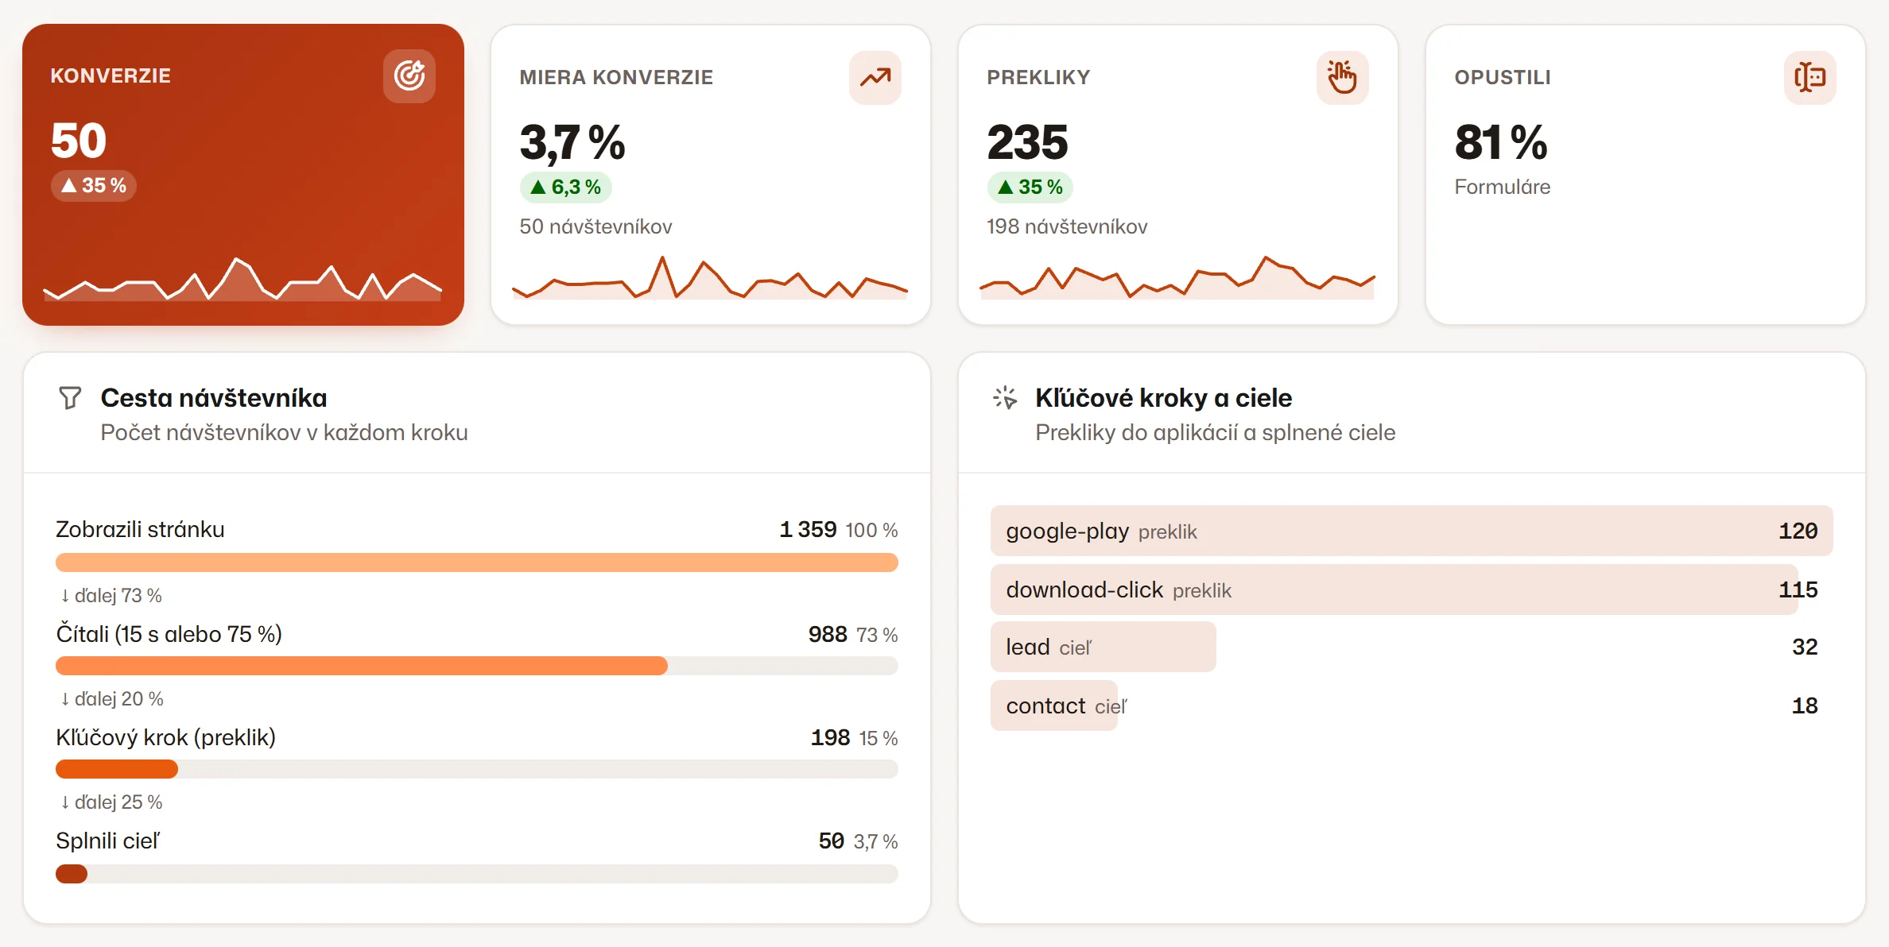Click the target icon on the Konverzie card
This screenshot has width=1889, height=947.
click(x=409, y=76)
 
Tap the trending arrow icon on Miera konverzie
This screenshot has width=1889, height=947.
click(x=875, y=77)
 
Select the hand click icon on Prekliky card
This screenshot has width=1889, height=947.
click(x=1342, y=77)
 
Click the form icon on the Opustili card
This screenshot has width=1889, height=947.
click(x=1809, y=77)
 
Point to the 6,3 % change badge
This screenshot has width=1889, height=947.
click(x=566, y=187)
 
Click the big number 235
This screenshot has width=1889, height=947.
click(x=1027, y=142)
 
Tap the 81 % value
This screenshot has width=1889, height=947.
click(x=1501, y=142)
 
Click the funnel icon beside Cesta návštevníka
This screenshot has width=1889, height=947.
click(x=70, y=397)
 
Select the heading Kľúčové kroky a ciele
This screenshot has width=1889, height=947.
click(x=1163, y=397)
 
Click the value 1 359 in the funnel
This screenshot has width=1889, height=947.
click(x=808, y=529)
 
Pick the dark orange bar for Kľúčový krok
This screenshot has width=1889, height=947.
click(x=117, y=769)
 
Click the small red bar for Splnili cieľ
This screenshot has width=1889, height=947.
click(x=72, y=874)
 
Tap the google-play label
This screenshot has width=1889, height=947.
click(x=1067, y=531)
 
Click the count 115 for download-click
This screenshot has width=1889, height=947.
click(x=1798, y=589)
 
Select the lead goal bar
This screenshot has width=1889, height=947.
click(x=1104, y=647)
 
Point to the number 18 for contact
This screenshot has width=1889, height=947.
click(x=1805, y=705)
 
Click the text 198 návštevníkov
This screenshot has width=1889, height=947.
click(x=1067, y=226)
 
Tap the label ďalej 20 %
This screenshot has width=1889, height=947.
click(x=112, y=698)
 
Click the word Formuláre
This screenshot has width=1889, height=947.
click(x=1503, y=187)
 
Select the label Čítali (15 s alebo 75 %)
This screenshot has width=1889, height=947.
click(x=169, y=634)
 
